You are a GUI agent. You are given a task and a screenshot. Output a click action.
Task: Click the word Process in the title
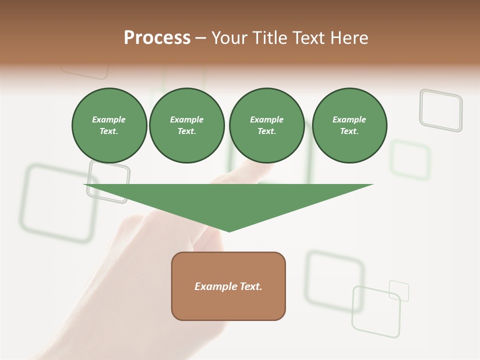tap(157, 38)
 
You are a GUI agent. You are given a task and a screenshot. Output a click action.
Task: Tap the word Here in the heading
tap(348, 38)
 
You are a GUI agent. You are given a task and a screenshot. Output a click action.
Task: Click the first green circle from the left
tap(109, 125)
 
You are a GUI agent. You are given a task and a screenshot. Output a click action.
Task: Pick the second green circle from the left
tap(187, 125)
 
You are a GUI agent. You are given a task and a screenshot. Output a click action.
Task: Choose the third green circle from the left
tap(266, 125)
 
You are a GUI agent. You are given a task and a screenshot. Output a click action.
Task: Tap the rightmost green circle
tap(349, 125)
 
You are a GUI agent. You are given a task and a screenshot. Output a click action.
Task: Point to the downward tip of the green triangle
tap(229, 230)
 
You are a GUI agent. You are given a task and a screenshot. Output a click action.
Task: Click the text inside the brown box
tap(228, 286)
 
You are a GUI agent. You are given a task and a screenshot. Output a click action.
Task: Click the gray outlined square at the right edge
tap(441, 110)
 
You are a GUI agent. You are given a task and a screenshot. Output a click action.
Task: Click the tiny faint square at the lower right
tap(399, 291)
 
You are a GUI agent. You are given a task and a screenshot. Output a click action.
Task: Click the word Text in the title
tap(307, 38)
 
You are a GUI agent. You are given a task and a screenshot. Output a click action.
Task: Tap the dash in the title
tap(200, 38)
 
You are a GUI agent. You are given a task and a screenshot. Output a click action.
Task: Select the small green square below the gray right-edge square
tap(410, 160)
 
